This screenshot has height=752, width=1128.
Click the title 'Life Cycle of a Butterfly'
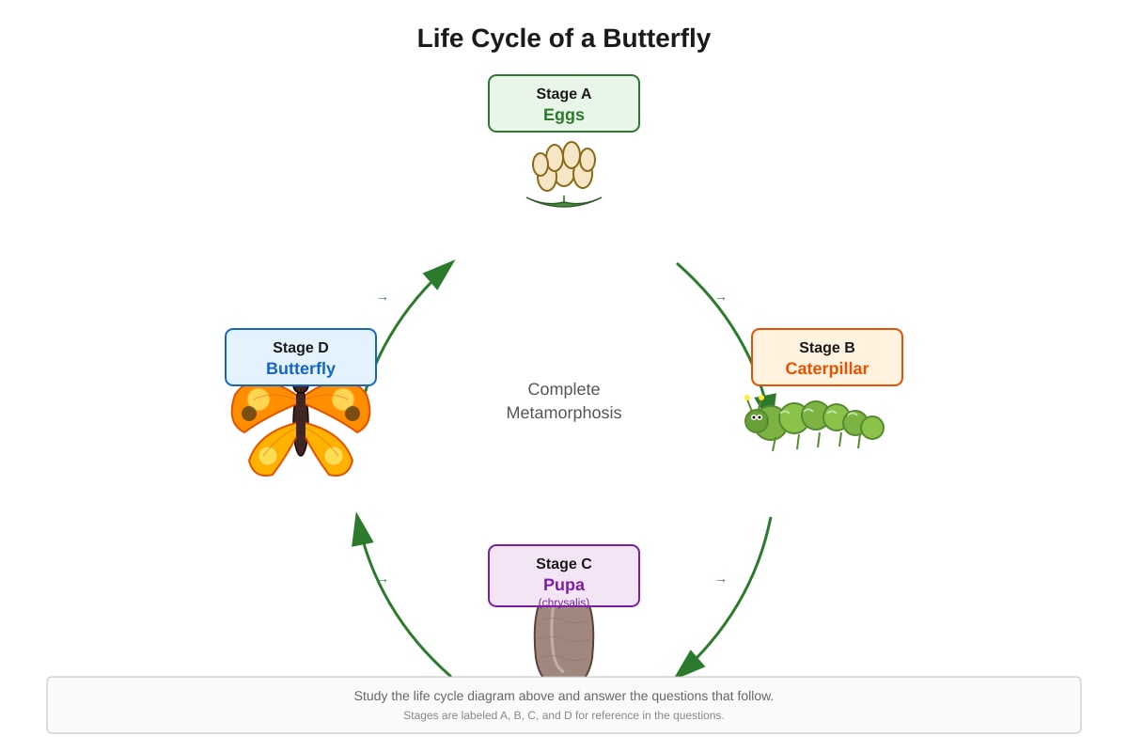coord(563,39)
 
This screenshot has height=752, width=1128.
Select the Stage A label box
coord(563,103)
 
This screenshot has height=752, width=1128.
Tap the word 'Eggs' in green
coord(563,115)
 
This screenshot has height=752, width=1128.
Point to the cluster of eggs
coord(564,166)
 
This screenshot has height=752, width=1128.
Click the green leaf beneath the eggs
coord(564,202)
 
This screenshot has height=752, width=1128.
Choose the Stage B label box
coord(827,357)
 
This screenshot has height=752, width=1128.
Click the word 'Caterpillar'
coord(827,368)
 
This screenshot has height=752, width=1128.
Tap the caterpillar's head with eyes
coord(756,420)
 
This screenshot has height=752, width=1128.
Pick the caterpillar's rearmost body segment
coord(872,428)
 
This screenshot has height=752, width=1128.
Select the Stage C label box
coord(563,575)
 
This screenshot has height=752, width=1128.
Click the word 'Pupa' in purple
coord(563,585)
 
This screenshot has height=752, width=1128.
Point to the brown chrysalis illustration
coord(564,641)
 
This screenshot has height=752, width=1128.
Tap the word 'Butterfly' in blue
coord(301,368)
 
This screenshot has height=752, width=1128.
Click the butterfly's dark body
coord(301,420)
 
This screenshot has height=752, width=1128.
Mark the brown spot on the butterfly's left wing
coord(249,414)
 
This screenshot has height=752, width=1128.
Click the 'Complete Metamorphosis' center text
coord(563,401)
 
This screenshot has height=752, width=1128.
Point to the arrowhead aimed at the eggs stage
coord(442,273)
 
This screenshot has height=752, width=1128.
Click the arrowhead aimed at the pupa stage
coord(689,664)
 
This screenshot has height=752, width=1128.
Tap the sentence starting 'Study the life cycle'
coord(563,697)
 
